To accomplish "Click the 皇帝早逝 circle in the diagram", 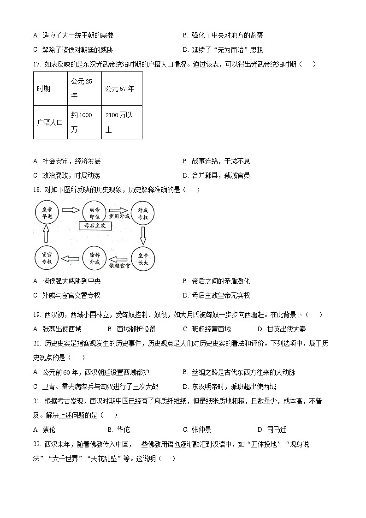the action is (47, 211).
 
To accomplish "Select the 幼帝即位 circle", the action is (95, 211).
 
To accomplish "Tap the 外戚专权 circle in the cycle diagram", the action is (143, 214).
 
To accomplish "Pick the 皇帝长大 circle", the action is (143, 258).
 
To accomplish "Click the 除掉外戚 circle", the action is (94, 258).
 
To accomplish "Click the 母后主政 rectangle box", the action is (94, 226).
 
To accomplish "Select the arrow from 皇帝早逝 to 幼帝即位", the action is (71, 210).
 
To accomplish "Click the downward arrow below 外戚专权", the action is (143, 236).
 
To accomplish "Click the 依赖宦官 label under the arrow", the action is (119, 266).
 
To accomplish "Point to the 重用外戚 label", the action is (119, 215).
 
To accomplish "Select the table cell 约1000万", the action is (84, 122).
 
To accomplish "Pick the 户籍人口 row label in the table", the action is (50, 122).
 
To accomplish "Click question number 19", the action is (37, 315).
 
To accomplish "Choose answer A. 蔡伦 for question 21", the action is (45, 429).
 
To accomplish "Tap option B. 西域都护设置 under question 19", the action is (131, 329).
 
